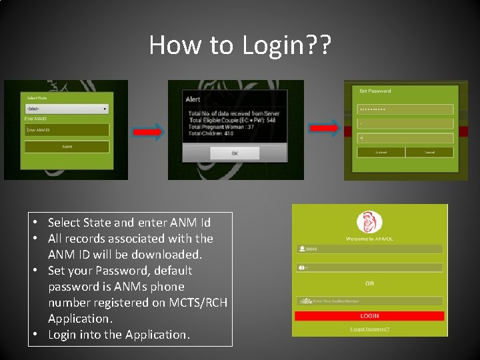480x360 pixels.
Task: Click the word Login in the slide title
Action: click(275, 45)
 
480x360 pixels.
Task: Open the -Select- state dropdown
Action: click(66, 109)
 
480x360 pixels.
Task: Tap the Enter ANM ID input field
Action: click(66, 130)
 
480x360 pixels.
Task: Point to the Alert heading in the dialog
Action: click(193, 100)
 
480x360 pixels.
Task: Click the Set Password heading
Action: click(375, 91)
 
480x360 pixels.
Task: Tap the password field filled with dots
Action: click(405, 109)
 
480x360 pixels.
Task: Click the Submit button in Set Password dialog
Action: click(381, 152)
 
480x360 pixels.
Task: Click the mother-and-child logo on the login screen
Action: click(369, 222)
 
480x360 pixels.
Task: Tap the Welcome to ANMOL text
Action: click(369, 238)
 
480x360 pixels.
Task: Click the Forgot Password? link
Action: click(369, 329)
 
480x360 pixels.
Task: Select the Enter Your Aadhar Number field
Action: click(370, 301)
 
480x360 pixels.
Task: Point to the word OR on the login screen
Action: click(369, 283)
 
